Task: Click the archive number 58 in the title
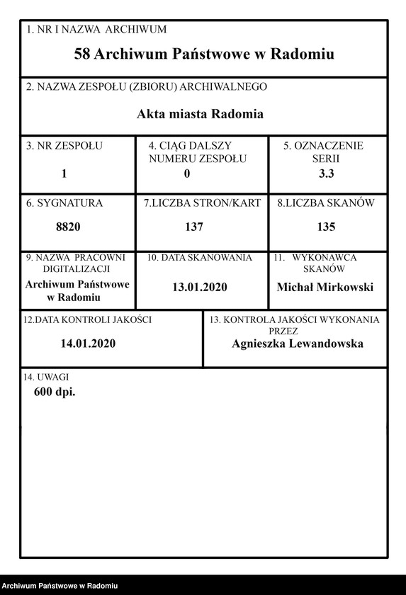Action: pyautogui.click(x=81, y=54)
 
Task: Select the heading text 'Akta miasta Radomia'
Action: pyautogui.click(x=201, y=113)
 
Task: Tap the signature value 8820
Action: pyautogui.click(x=68, y=227)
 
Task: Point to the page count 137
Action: pyautogui.click(x=193, y=227)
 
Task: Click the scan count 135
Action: pyautogui.click(x=326, y=227)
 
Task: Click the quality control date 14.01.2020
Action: pyautogui.click(x=88, y=344)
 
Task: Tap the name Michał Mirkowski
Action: pyautogui.click(x=325, y=287)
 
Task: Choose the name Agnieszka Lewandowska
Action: pyautogui.click(x=297, y=344)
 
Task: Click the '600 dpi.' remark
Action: pyautogui.click(x=55, y=391)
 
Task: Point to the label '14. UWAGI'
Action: pyautogui.click(x=47, y=377)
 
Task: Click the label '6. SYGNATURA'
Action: pyautogui.click(x=64, y=203)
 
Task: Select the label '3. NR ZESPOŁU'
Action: pyautogui.click(x=64, y=146)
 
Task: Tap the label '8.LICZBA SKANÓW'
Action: pyautogui.click(x=325, y=203)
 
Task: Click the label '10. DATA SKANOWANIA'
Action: pyautogui.click(x=199, y=259)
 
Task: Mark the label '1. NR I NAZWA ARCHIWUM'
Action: pyautogui.click(x=96, y=30)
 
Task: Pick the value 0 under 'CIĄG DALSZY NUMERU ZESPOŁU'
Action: pyautogui.click(x=187, y=174)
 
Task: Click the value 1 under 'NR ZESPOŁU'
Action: pyautogui.click(x=64, y=174)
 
